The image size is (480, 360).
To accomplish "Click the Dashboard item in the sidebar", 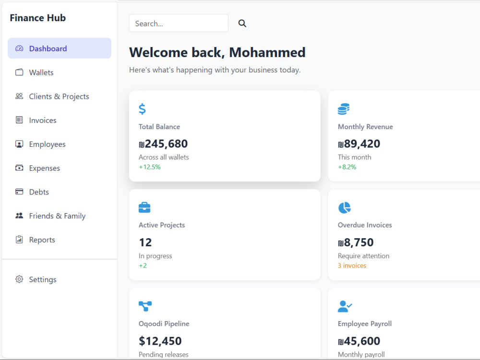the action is point(60,48).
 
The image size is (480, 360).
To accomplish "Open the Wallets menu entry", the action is point(41,72).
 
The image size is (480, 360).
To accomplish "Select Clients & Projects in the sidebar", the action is point(59,96).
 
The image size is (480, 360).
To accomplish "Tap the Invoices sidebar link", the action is point(43,120).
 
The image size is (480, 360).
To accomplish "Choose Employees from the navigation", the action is point(47,144).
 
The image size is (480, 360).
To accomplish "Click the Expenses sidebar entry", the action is point(44,168).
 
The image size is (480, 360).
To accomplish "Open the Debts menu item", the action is point(39,192).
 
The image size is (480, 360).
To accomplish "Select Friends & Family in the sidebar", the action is point(57,216).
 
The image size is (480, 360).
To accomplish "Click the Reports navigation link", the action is point(42,240).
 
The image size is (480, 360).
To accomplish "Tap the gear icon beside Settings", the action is point(19,279).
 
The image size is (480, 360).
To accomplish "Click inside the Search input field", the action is point(179,23).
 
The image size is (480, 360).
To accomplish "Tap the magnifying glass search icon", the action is point(242,23).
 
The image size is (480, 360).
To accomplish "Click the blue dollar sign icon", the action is point(142,109).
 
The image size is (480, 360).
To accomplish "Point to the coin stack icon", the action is point(344,109).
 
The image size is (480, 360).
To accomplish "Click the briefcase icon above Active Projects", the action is point(144,207).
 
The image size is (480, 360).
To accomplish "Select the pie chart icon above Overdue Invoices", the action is point(344,207).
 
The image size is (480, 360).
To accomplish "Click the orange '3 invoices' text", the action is point(352,265).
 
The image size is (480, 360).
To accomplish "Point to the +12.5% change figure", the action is point(150,167).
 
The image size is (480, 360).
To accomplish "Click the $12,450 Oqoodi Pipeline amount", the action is point(160,341).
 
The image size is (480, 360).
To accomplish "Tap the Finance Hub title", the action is point(37,18).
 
